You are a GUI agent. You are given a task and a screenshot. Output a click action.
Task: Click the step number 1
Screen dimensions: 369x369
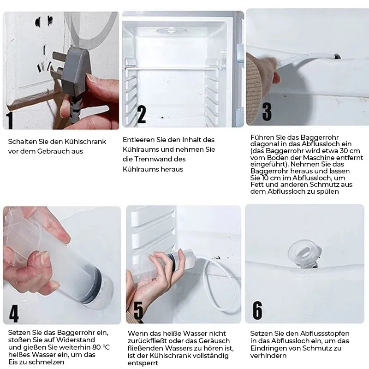[x=10, y=119]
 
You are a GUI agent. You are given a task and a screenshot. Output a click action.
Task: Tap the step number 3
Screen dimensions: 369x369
[x=267, y=112]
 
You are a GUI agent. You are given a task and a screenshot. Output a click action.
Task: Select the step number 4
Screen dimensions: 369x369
[x=14, y=313]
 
